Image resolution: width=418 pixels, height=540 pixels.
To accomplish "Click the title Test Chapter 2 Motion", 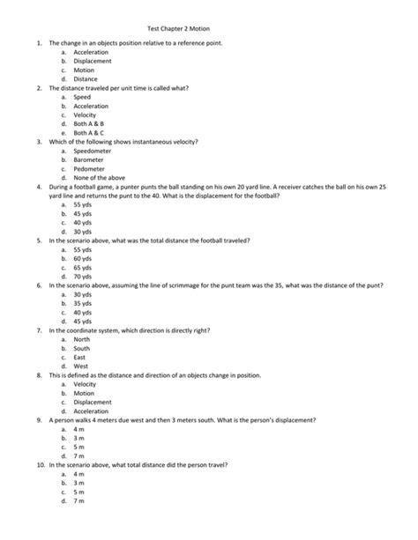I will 208,27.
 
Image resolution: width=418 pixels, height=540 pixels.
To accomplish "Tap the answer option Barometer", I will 90,160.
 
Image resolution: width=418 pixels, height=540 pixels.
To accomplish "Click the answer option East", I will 80,359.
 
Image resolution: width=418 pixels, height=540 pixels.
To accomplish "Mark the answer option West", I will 81,367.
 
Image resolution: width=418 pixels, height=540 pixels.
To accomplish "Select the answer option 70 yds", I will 84,277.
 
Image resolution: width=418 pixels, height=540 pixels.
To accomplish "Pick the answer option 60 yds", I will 84,258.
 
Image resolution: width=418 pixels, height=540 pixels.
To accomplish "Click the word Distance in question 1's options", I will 86,78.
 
